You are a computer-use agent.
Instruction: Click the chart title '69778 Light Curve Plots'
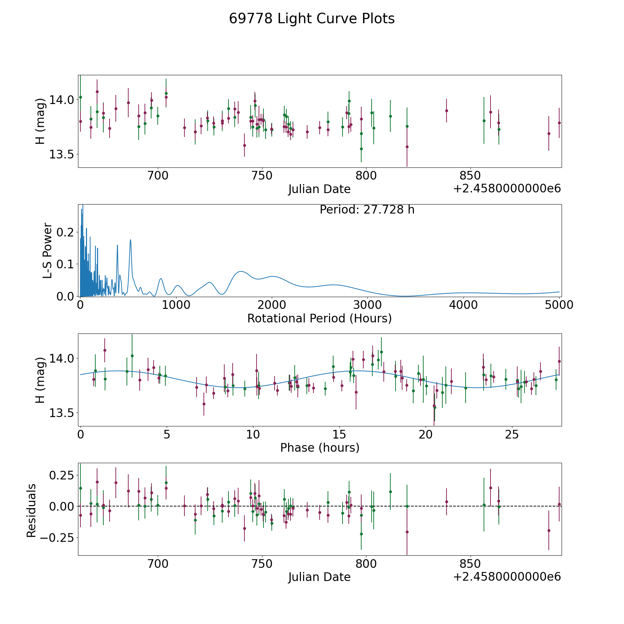click(x=312, y=19)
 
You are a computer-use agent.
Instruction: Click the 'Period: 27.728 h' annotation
click(x=367, y=210)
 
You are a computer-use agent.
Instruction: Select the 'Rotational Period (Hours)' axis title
click(x=319, y=318)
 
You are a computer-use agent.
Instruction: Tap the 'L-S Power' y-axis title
click(x=47, y=250)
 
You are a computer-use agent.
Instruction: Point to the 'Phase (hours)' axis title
click(x=320, y=448)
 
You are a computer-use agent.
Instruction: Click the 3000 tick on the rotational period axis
click(x=368, y=305)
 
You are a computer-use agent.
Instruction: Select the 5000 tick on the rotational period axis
click(x=559, y=305)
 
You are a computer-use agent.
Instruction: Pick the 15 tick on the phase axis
click(x=339, y=434)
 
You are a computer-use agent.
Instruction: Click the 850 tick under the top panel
click(x=470, y=176)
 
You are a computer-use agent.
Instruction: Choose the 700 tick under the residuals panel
click(x=158, y=564)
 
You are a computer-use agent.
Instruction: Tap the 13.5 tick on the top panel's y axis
click(x=62, y=154)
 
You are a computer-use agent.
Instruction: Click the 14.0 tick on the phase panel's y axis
click(x=62, y=358)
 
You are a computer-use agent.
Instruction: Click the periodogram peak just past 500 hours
click(x=130, y=240)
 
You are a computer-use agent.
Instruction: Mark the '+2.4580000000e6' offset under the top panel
click(x=507, y=189)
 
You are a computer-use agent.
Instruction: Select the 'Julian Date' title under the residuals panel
click(x=319, y=577)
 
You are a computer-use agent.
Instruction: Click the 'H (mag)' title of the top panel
click(x=41, y=121)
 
